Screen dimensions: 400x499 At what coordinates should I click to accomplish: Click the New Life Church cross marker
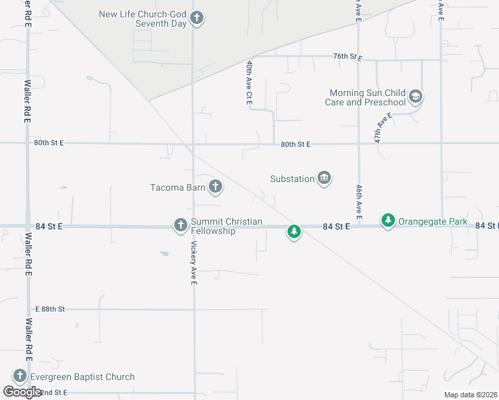pyautogui.click(x=196, y=18)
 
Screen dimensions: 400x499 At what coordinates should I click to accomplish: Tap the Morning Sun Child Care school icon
pyautogui.click(x=416, y=97)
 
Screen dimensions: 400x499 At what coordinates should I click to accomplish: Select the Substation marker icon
pyautogui.click(x=324, y=178)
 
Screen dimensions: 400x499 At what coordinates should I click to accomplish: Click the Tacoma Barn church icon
pyautogui.click(x=215, y=187)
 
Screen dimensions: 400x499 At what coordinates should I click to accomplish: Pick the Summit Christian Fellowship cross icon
pyautogui.click(x=180, y=225)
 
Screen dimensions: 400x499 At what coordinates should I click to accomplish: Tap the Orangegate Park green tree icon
pyautogui.click(x=388, y=220)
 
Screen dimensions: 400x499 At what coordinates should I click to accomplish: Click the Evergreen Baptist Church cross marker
pyautogui.click(x=19, y=377)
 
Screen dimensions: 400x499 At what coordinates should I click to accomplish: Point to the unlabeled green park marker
pyautogui.click(x=294, y=232)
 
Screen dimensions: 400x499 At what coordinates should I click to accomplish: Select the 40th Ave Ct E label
pyautogui.click(x=249, y=83)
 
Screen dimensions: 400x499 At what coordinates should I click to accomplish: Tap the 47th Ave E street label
pyautogui.click(x=383, y=128)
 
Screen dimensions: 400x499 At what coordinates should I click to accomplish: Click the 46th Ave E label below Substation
pyautogui.click(x=359, y=203)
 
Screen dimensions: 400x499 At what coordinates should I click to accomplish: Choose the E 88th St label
pyautogui.click(x=49, y=309)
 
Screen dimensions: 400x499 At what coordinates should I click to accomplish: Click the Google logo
pyautogui.click(x=23, y=392)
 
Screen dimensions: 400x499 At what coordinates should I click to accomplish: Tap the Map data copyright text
pyautogui.click(x=470, y=395)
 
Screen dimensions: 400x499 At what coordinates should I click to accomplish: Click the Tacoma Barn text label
pyautogui.click(x=177, y=187)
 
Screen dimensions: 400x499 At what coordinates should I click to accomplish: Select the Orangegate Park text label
pyautogui.click(x=433, y=221)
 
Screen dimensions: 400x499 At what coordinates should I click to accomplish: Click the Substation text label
pyautogui.click(x=292, y=179)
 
